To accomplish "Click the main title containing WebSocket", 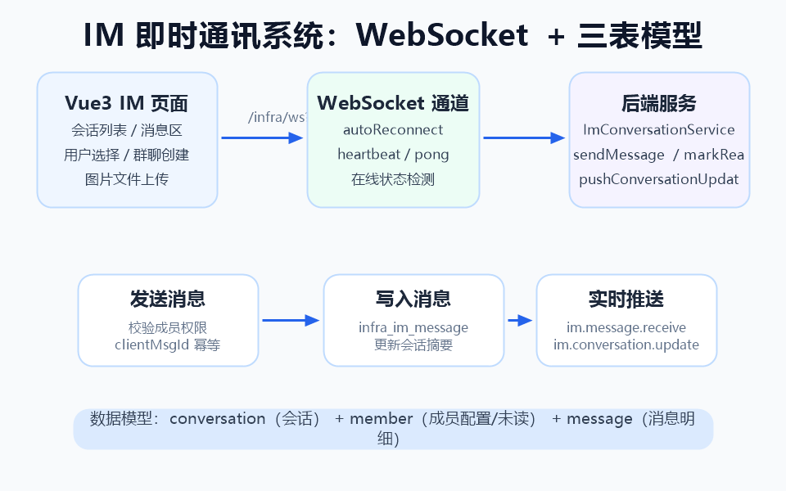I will [393, 35].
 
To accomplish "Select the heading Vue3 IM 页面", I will [127, 103].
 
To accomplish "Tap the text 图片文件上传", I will [127, 179].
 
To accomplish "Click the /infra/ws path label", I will [278, 117].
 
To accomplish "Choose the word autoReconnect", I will [393, 130].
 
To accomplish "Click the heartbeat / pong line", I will [393, 155].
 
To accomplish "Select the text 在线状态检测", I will [393, 179].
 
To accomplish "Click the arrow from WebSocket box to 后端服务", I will [524, 137].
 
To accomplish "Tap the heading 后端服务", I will [659, 103].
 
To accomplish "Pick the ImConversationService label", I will [659, 130].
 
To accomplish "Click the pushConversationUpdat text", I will [659, 179].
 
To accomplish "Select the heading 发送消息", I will [168, 299].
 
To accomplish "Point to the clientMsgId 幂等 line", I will [168, 345].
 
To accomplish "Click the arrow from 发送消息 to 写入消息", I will [291, 321].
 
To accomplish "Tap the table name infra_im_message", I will [413, 328].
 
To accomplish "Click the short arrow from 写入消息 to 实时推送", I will [520, 321].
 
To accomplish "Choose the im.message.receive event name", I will [626, 328].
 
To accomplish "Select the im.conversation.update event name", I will [626, 345].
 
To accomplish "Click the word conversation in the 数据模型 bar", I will [218, 419].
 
